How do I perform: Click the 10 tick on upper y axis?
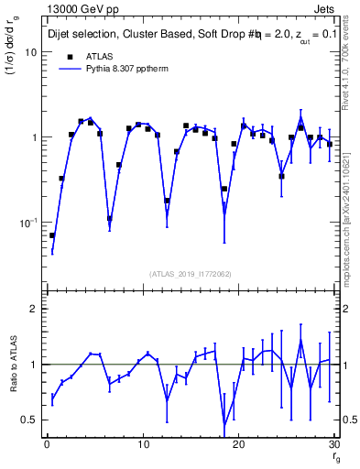[x=30, y=52]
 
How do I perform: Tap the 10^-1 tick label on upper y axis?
[x=28, y=223]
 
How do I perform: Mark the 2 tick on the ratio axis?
[x=33, y=309]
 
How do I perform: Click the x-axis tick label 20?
[x=238, y=445]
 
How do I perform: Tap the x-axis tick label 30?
[x=333, y=445]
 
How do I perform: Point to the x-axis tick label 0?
[x=47, y=445]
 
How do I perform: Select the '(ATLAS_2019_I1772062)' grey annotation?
[x=191, y=273]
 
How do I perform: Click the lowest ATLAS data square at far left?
[x=52, y=235]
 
